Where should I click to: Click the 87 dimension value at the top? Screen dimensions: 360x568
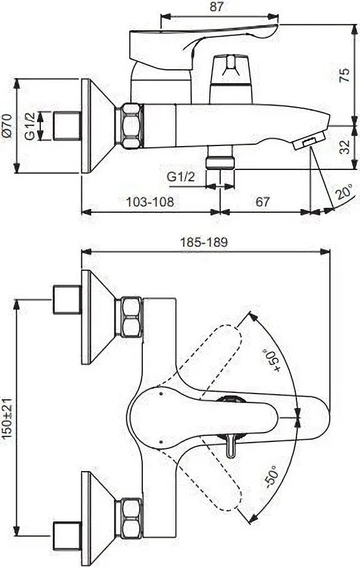pyautogui.click(x=217, y=8)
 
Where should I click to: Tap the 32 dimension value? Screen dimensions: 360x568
pyautogui.click(x=345, y=146)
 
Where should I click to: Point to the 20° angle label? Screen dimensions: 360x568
pyautogui.click(x=344, y=192)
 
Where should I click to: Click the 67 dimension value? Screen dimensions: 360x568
pyautogui.click(x=263, y=202)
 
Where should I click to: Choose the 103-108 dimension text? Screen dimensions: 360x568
pyautogui.click(x=150, y=202)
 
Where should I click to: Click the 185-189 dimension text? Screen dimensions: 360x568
pyautogui.click(x=205, y=242)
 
